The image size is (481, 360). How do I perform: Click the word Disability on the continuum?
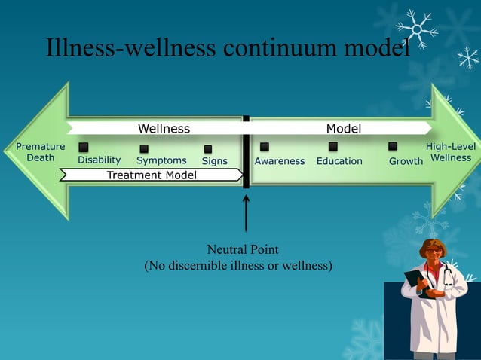click(x=100, y=160)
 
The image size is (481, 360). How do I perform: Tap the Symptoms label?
click(x=161, y=160)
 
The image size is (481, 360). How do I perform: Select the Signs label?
click(x=215, y=161)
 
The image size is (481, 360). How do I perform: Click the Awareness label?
click(x=280, y=161)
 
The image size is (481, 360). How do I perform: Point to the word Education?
click(x=339, y=161)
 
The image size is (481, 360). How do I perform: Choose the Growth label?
click(x=406, y=161)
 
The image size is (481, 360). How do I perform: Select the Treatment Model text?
click(x=152, y=175)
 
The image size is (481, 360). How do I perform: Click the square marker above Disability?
click(x=84, y=147)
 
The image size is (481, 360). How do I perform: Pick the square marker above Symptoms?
click(x=143, y=148)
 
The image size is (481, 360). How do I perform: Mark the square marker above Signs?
click(x=208, y=149)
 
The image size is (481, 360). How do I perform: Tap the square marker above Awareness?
click(x=265, y=146)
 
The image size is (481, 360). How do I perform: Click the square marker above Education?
click(x=332, y=146)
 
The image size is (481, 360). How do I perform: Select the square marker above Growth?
click(x=393, y=146)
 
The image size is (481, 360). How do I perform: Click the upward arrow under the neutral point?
click(x=246, y=214)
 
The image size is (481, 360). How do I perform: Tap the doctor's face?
click(x=434, y=254)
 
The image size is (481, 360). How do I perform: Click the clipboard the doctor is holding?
click(x=415, y=282)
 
